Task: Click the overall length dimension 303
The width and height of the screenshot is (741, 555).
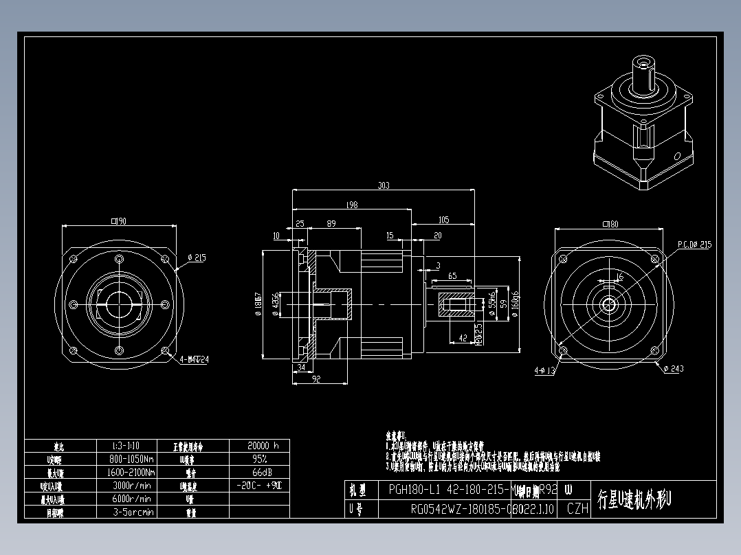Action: pos(384,185)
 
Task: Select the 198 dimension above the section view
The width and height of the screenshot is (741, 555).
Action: pos(352,204)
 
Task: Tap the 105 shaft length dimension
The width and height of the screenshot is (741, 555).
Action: pos(443,220)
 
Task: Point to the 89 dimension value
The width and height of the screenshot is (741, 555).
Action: pos(331,224)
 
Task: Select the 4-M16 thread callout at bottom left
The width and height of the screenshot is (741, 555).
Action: pos(194,359)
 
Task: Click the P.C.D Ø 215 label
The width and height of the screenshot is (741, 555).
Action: pos(694,244)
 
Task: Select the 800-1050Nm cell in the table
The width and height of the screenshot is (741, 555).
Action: pos(133,459)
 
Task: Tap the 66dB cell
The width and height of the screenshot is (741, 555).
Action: pos(259,472)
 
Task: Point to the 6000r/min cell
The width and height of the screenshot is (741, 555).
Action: pos(131,499)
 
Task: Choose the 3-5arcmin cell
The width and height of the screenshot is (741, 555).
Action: pos(133,512)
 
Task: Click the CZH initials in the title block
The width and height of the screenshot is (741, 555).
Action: pos(577,509)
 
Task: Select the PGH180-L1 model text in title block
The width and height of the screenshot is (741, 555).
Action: pos(414,490)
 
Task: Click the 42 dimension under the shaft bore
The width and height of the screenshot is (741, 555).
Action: pos(462,337)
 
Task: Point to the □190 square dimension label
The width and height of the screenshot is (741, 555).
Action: pos(119,221)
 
